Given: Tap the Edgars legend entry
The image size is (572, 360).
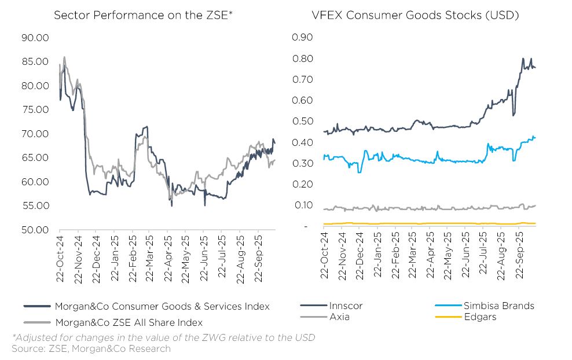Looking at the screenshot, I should (x=480, y=317).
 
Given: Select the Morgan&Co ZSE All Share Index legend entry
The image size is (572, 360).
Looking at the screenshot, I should (x=128, y=322).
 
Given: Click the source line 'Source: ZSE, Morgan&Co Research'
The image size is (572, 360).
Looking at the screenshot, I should (x=91, y=348).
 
